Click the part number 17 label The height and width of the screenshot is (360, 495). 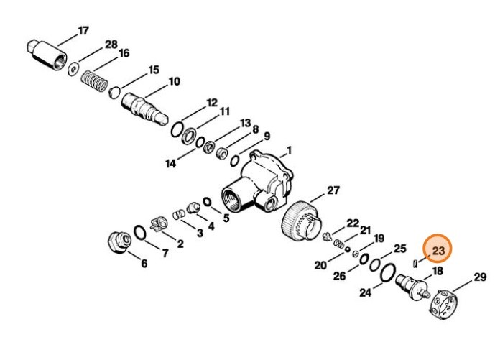pyautogui.click(x=83, y=30)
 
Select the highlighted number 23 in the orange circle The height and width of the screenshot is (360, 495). pyautogui.click(x=438, y=251)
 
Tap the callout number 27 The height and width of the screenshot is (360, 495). pyautogui.click(x=333, y=190)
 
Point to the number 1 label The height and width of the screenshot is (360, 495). pyautogui.click(x=289, y=150)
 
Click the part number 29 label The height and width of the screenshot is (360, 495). pyautogui.click(x=479, y=277)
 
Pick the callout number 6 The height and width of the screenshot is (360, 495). pyautogui.click(x=144, y=264)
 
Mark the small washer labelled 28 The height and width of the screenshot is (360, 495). pyautogui.click(x=73, y=70)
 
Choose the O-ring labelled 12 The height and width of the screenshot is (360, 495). pyautogui.click(x=175, y=129)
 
